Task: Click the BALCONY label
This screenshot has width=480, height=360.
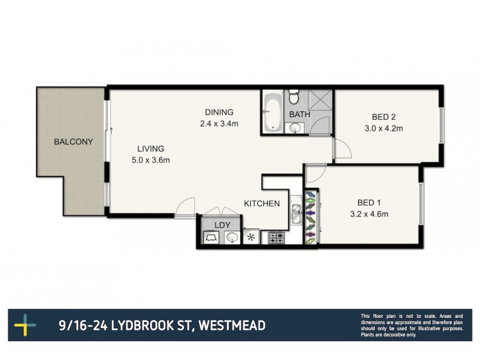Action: (73, 142)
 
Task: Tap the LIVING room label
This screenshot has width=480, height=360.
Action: (150, 149)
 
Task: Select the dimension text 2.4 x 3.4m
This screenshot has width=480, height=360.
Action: (219, 124)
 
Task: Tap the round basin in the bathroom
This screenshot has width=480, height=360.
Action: (295, 127)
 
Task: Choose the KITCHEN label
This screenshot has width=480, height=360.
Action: (261, 203)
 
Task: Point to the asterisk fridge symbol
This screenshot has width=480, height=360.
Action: (251, 238)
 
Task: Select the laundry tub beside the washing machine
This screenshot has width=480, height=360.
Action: (232, 238)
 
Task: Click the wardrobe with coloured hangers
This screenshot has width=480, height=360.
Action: (310, 217)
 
